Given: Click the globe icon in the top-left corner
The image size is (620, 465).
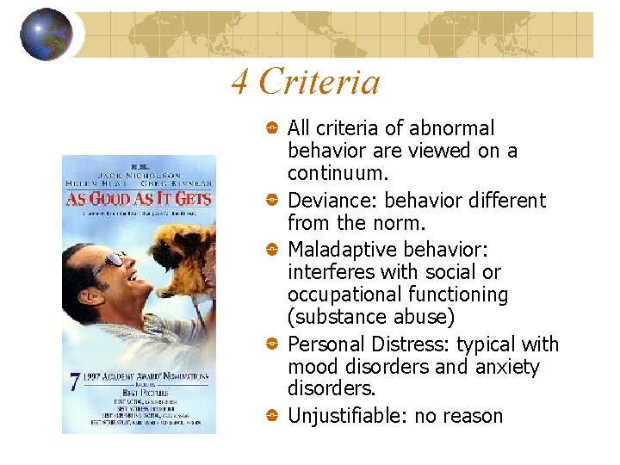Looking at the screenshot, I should pyautogui.click(x=46, y=34).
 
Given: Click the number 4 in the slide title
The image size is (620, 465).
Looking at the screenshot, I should pyautogui.click(x=240, y=83).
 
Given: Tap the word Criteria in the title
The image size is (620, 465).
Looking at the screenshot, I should pyautogui.click(x=319, y=83).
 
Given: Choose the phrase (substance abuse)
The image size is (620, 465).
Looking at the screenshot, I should pyautogui.click(x=371, y=317).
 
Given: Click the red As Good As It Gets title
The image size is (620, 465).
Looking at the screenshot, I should pyautogui.click(x=138, y=198).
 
